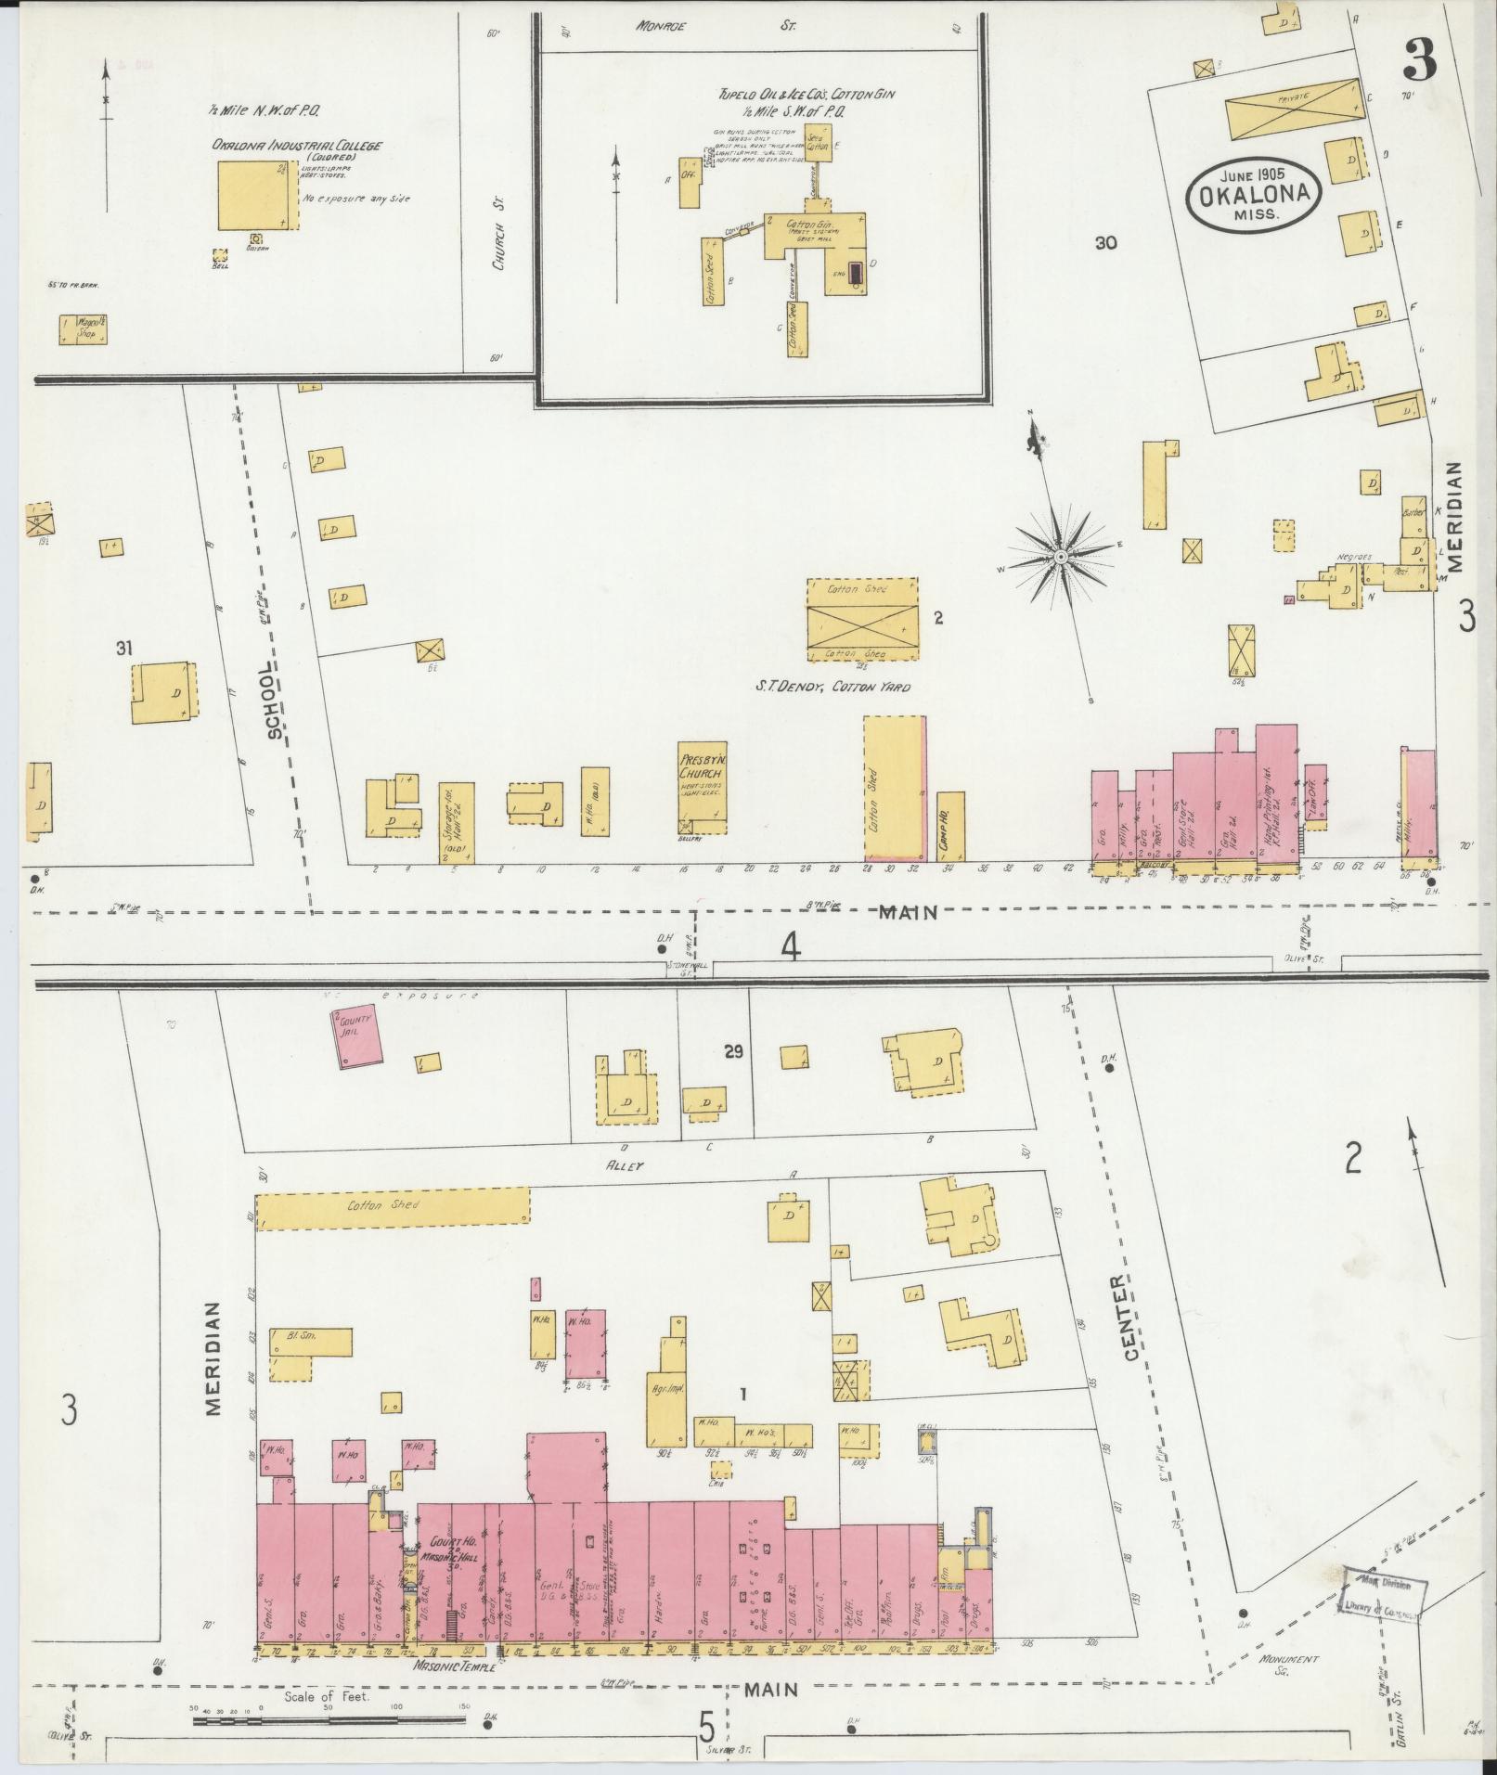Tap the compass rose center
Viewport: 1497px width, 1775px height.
(x=1060, y=556)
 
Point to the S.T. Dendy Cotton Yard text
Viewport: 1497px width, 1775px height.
(x=832, y=688)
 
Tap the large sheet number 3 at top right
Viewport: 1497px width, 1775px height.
(x=1419, y=63)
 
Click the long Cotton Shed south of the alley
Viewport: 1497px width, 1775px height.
(x=393, y=1206)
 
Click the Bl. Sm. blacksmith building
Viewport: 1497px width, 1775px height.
(x=311, y=1342)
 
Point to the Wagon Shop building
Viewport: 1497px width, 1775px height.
(x=83, y=329)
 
